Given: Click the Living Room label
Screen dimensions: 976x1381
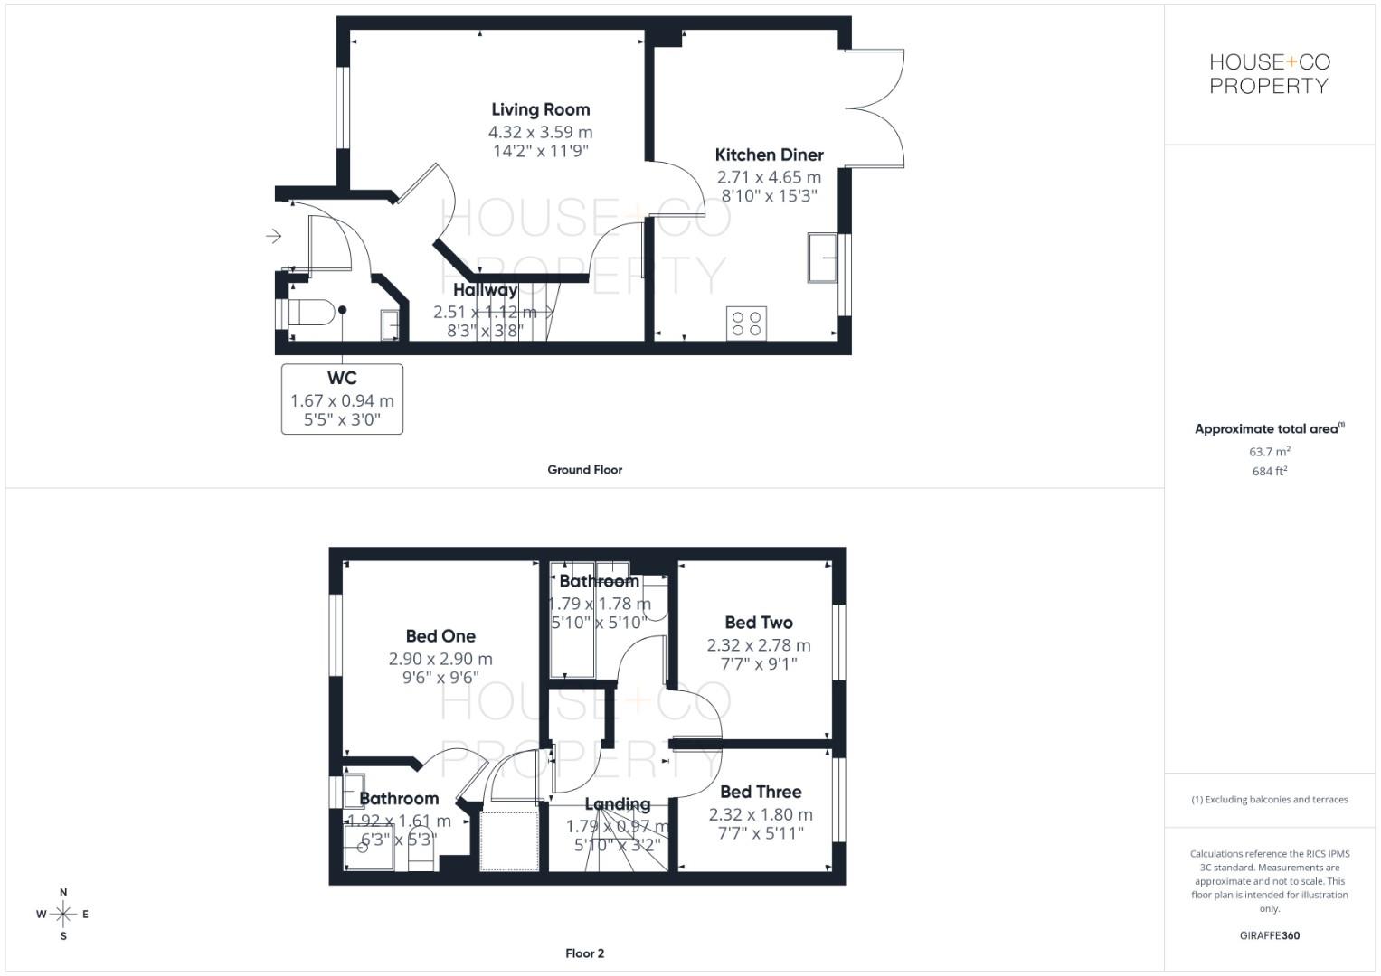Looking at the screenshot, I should tap(540, 109).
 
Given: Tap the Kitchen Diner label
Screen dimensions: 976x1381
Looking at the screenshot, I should tap(769, 155).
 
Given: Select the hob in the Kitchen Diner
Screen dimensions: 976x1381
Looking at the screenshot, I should tap(746, 324).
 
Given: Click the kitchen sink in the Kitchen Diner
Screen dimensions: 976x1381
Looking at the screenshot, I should tap(823, 258).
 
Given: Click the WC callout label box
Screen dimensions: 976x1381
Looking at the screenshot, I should tap(342, 399).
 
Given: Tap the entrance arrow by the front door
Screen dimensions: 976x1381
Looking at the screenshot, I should tap(273, 237).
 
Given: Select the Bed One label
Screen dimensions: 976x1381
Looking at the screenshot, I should tap(440, 636).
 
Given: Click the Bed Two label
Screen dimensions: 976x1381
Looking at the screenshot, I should tap(759, 623).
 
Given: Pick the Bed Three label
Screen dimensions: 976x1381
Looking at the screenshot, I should tap(761, 792).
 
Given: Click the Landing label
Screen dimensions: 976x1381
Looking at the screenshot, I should tap(617, 804).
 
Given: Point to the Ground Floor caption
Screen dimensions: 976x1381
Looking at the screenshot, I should tap(584, 470).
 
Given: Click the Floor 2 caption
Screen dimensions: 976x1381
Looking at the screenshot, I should tap(584, 953).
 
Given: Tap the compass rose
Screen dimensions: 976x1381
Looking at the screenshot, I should tap(63, 915).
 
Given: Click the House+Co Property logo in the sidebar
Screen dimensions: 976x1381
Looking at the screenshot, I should tap(1269, 74).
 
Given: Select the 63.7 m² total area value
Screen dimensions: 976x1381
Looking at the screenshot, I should tap(1270, 452).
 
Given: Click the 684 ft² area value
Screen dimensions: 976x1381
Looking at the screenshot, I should tap(1270, 472).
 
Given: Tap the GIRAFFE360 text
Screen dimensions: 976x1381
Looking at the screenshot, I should tap(1269, 936).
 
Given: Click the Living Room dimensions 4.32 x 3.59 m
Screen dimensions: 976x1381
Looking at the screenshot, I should tap(540, 132).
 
